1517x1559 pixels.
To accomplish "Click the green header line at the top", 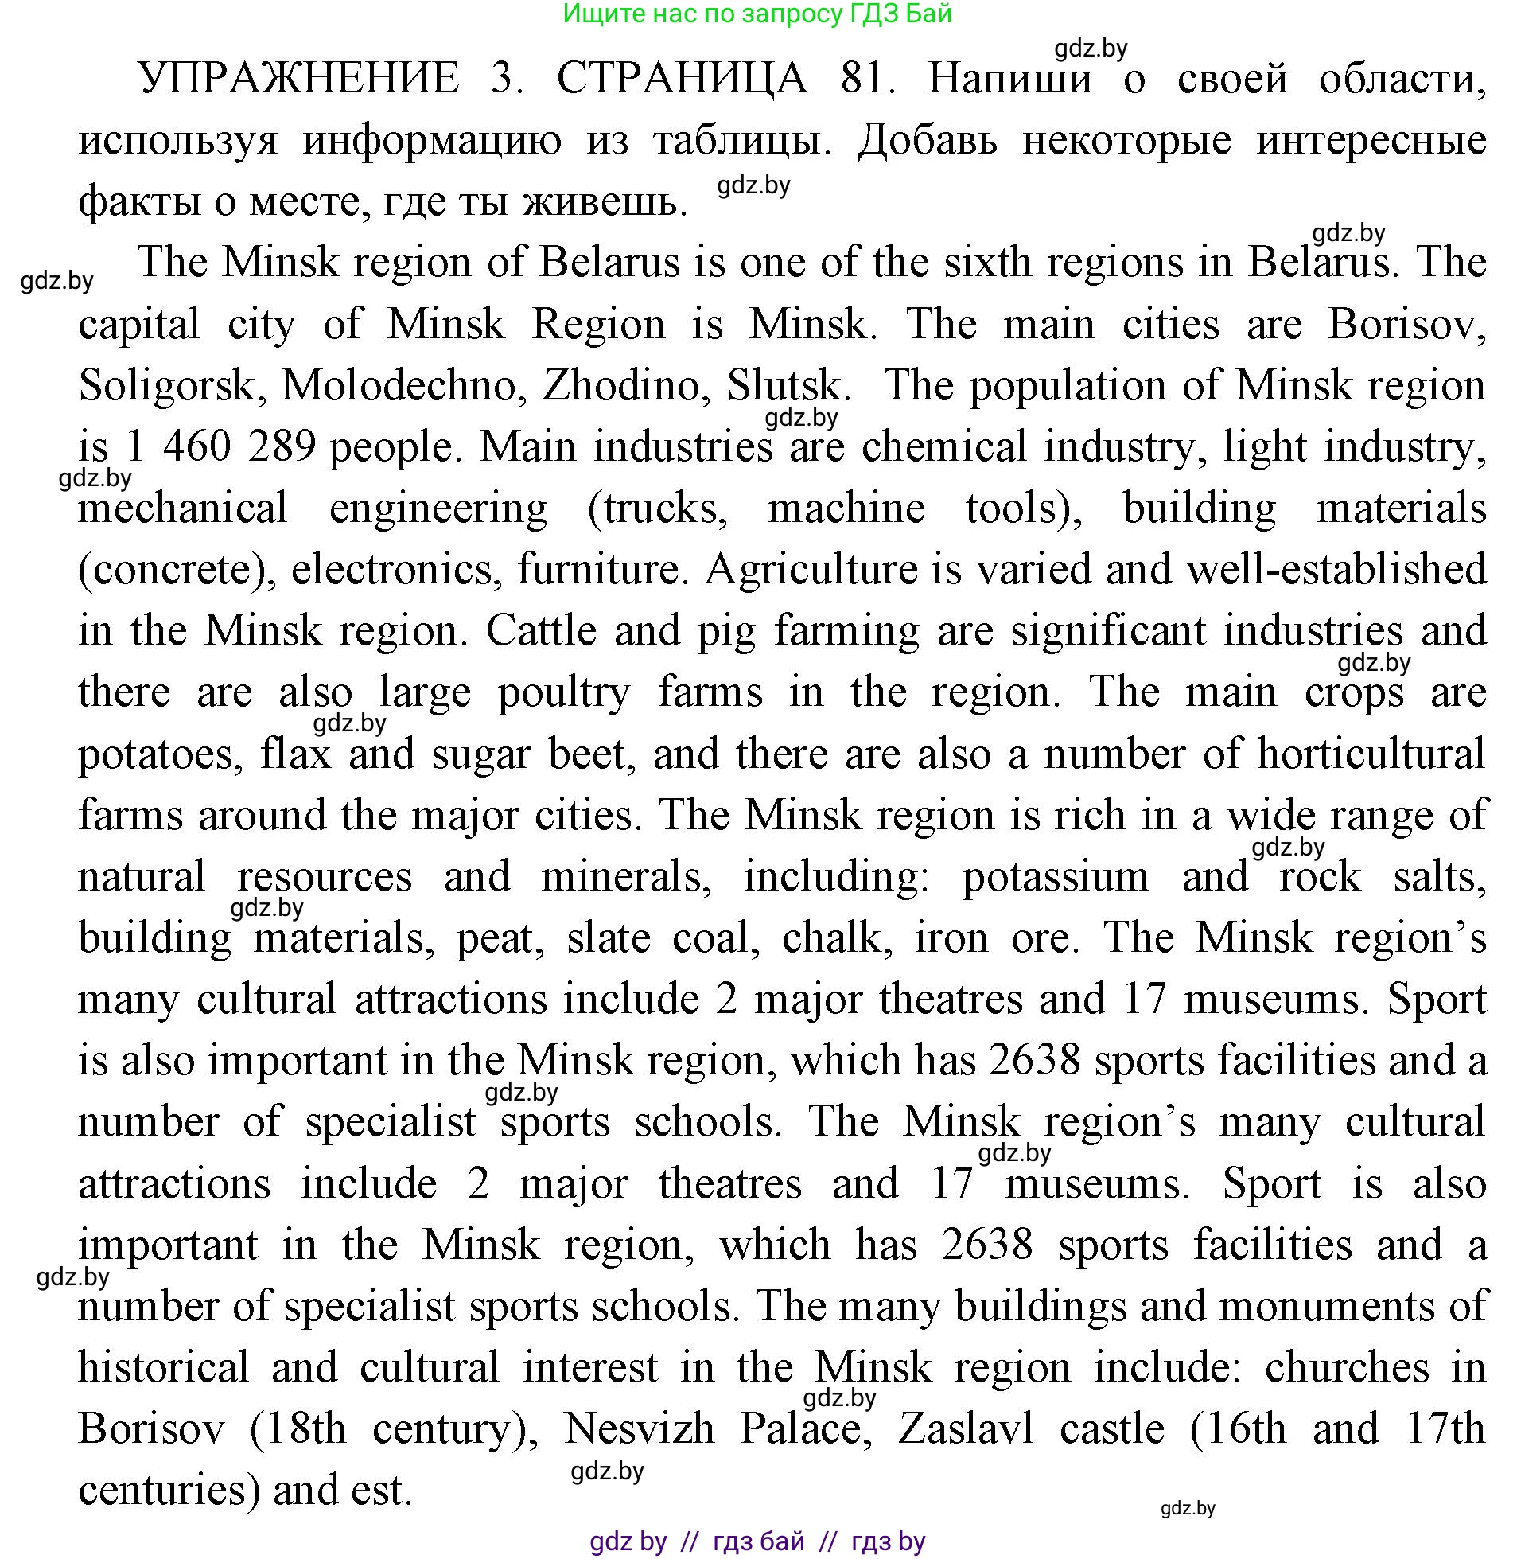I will [x=757, y=14].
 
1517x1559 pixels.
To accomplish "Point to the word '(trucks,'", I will [x=657, y=509].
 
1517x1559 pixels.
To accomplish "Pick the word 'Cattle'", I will [x=541, y=631].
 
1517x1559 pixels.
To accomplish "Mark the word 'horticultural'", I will [x=1371, y=754].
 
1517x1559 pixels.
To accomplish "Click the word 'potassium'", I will [x=1056, y=878].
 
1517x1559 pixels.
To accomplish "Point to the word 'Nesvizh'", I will [x=639, y=1429].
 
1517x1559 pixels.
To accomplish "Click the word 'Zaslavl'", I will [x=966, y=1429].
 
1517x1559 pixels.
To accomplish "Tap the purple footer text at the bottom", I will [x=757, y=1541].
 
